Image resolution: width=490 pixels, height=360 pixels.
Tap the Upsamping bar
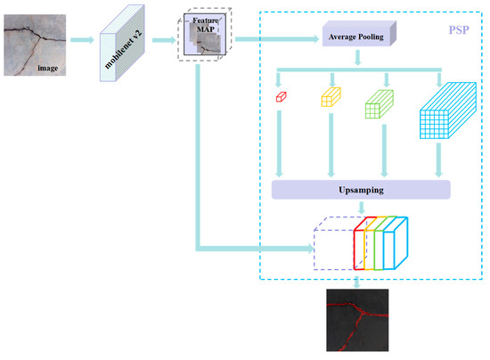[360, 189]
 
